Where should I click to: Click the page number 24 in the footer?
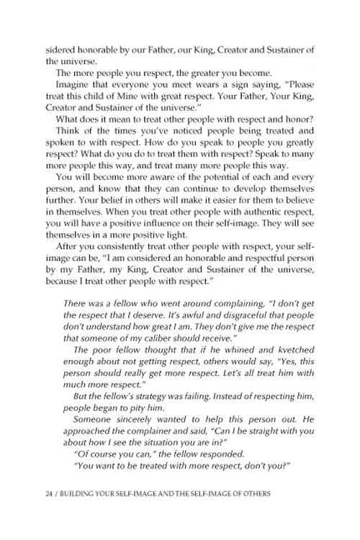click(28, 515)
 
